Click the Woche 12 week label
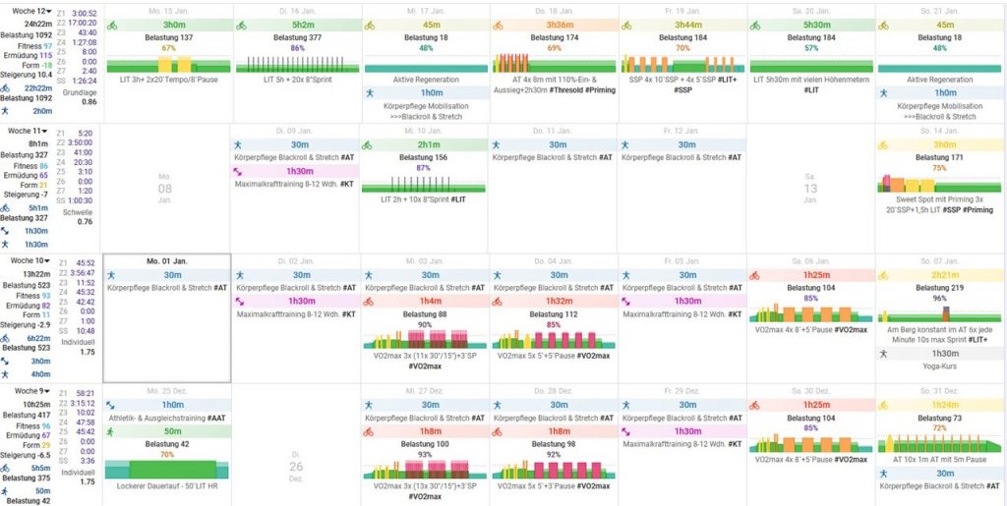[28, 10]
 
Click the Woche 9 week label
[25, 391]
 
